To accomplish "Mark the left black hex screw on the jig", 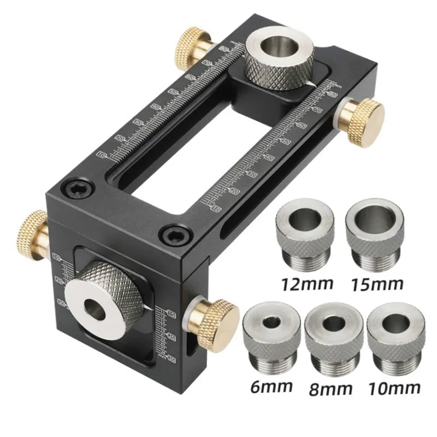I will tap(76, 190).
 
